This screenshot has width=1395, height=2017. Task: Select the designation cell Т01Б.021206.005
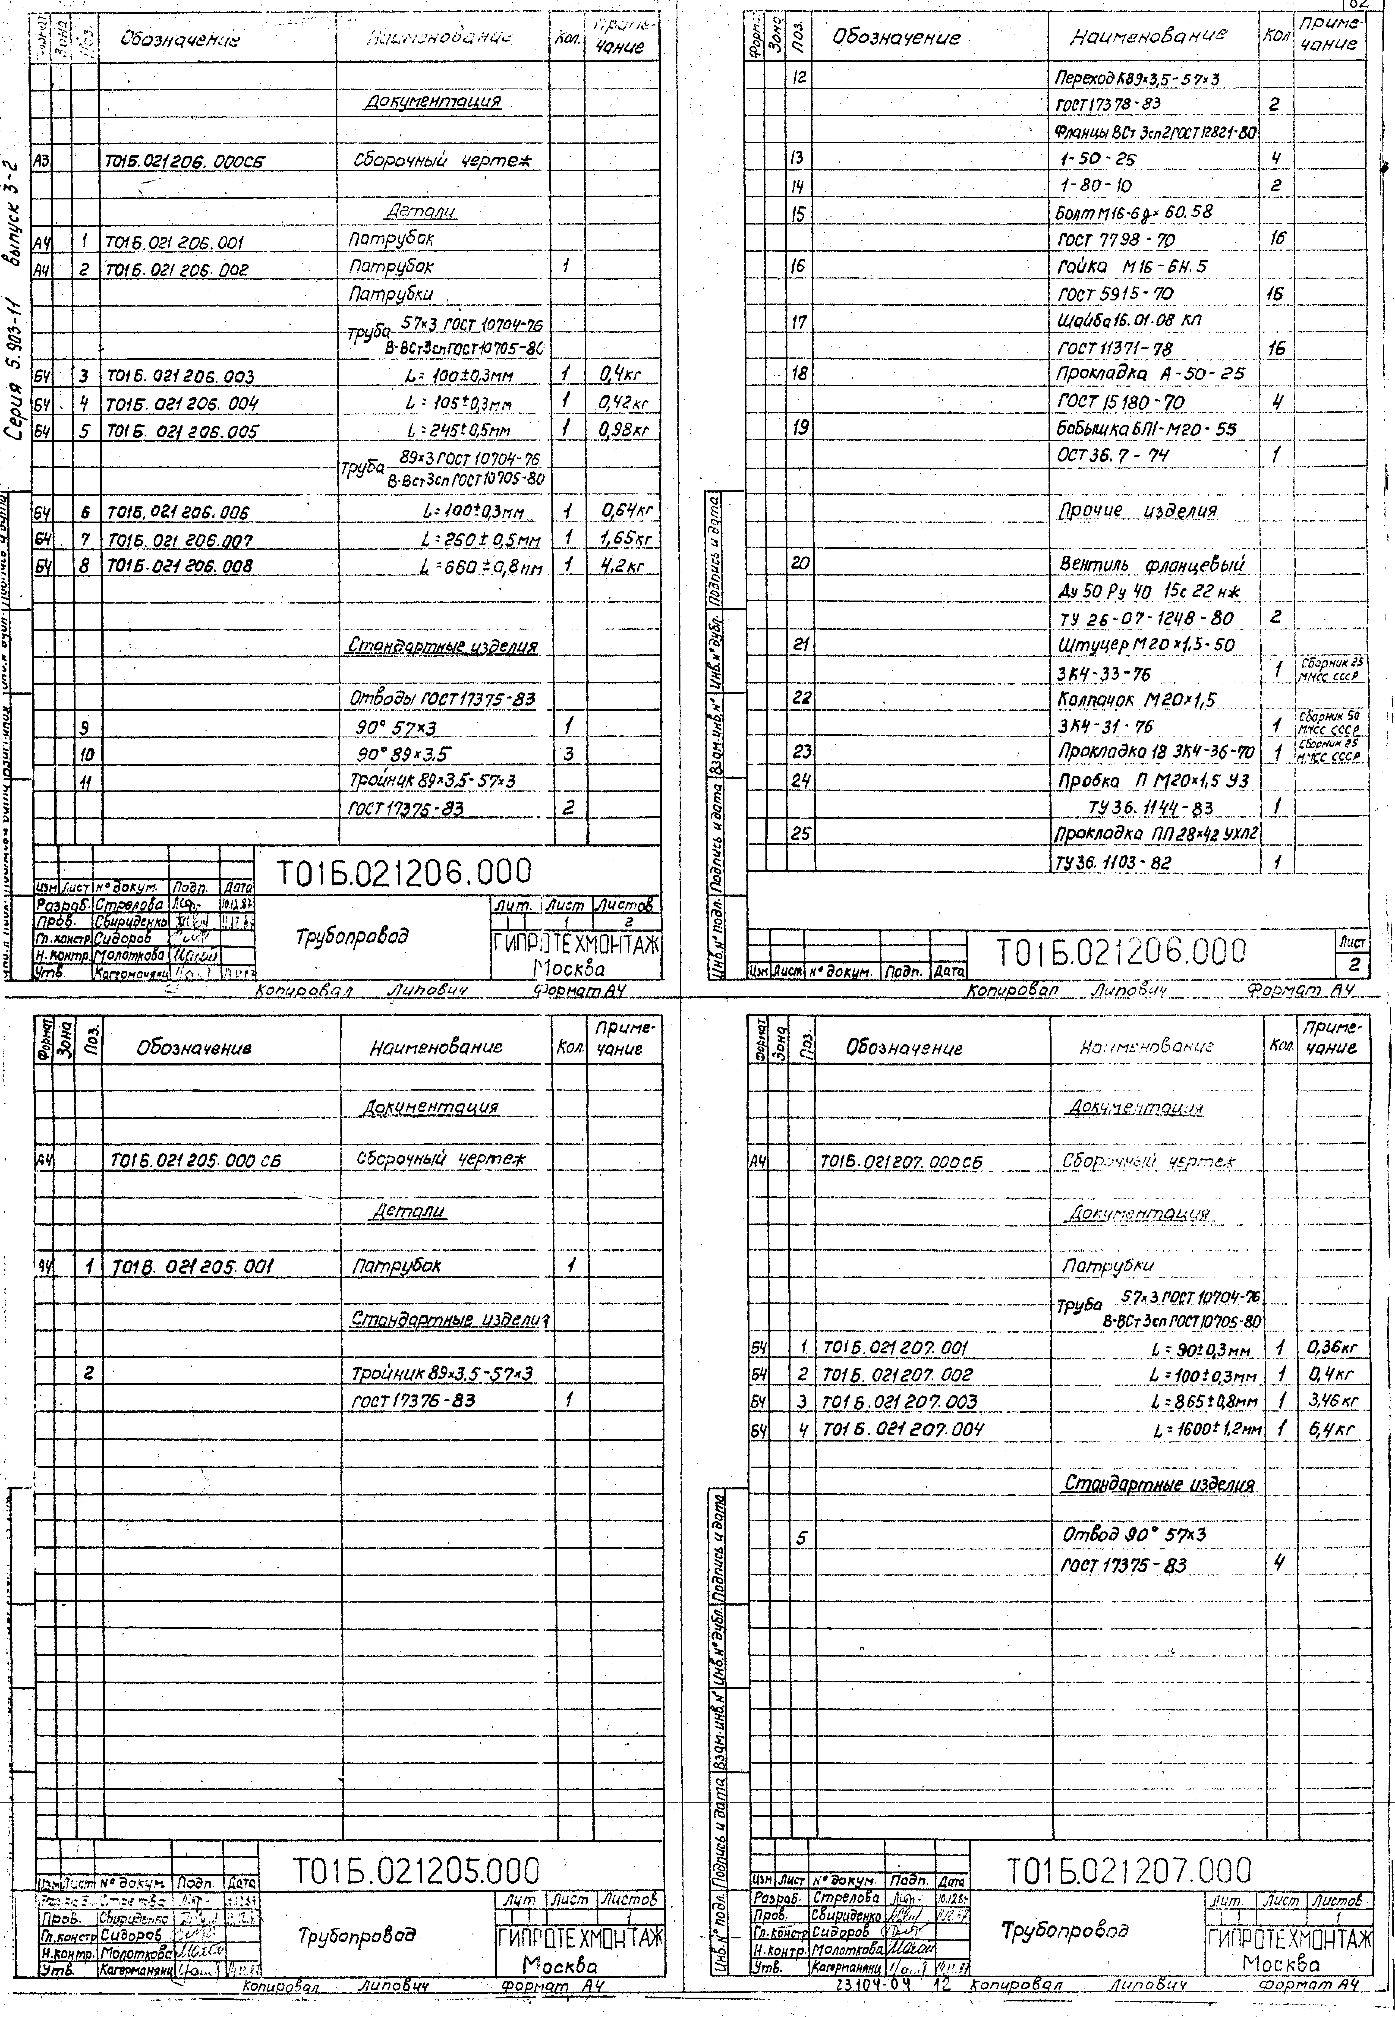(183, 431)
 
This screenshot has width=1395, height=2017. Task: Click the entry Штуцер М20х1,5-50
(1147, 644)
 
